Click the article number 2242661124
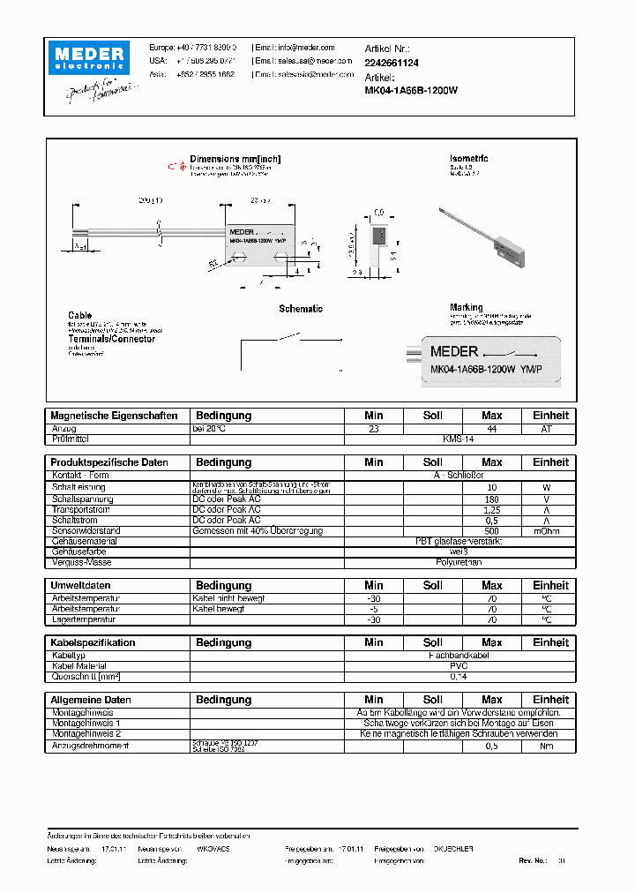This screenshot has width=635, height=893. coord(392,64)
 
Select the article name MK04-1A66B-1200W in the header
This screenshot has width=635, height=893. coord(410,90)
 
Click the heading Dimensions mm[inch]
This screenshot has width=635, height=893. coord(235,160)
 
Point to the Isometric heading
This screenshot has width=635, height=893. coord(468,159)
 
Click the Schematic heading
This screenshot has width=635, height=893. coord(301,309)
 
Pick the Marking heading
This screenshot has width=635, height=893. coord(466,307)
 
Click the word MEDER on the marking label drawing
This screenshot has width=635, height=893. coord(454,351)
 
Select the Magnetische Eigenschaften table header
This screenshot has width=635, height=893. coord(114,416)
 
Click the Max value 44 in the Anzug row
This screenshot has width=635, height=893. coord(491,428)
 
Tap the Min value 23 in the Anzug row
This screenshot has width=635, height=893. coord(373,428)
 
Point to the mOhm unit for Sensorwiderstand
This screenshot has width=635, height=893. coord(550,531)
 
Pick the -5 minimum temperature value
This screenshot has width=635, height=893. coord(373,609)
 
